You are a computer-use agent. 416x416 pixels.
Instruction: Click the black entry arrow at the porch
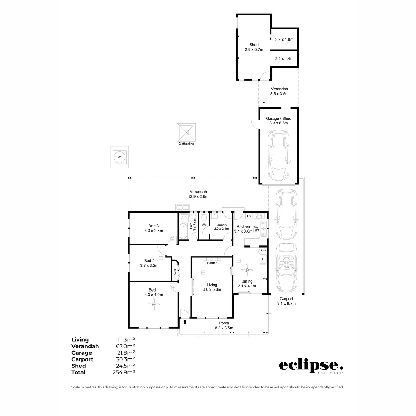point(185,322)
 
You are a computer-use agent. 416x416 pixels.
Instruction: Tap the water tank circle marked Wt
point(120,157)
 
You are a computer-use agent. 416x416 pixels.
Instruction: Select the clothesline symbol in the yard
point(186,132)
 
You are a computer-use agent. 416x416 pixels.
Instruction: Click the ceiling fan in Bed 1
point(154,304)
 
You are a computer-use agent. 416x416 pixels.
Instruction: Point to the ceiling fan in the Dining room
point(247,270)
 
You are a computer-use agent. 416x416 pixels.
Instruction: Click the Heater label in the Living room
point(211,263)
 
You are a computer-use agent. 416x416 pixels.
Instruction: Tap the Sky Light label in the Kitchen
point(256,228)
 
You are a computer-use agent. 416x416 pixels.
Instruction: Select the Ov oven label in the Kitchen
point(249,216)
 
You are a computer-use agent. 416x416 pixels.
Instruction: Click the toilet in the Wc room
point(204,217)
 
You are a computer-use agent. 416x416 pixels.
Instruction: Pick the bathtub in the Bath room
point(183,231)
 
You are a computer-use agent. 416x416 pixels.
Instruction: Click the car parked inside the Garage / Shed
point(278,155)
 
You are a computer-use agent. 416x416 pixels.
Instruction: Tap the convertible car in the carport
point(286,268)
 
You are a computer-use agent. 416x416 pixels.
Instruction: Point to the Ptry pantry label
point(263,251)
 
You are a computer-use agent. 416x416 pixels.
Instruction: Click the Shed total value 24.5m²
point(125,366)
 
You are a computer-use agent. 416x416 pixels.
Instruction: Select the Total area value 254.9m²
point(124,372)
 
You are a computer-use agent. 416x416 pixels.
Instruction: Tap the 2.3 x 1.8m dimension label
point(284,40)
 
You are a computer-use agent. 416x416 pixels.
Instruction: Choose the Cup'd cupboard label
point(175,272)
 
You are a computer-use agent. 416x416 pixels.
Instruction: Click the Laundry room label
point(221,225)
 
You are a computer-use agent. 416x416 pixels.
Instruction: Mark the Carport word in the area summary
point(82,359)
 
